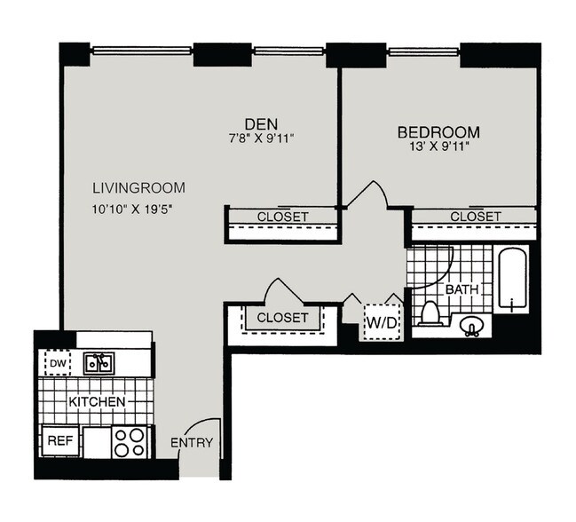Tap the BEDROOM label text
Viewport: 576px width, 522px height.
click(438, 131)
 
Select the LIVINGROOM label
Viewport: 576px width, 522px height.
click(138, 188)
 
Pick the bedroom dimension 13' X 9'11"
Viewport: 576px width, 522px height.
click(438, 146)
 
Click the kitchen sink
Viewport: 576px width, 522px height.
click(98, 362)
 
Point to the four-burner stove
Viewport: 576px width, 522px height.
click(130, 441)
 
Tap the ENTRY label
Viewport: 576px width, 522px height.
click(191, 442)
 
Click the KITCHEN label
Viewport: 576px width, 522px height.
click(98, 402)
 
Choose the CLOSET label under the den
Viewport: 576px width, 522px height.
click(282, 217)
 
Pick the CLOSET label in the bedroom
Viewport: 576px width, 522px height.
click(475, 217)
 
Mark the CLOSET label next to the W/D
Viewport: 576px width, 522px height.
click(282, 317)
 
